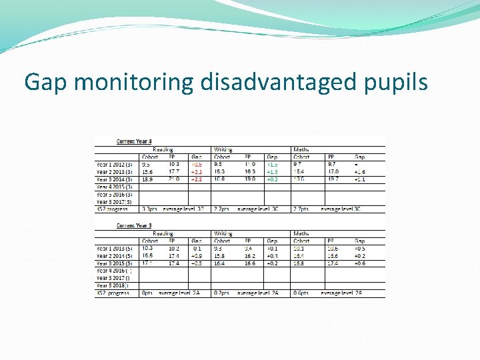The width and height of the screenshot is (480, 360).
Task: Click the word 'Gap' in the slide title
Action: point(46,82)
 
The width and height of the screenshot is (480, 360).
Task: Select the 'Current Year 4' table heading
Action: point(134,141)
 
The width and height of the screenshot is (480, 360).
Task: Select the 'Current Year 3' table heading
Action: point(134,225)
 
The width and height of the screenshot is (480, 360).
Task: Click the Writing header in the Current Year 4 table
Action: point(223,149)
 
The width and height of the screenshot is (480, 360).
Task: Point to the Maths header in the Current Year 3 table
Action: point(301,233)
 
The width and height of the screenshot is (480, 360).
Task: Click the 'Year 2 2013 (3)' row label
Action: point(115,171)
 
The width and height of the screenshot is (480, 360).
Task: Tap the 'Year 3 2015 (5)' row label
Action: point(115,263)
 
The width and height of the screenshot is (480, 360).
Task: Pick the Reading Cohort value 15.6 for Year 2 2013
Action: point(148,171)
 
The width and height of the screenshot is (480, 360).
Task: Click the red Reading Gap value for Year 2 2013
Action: point(197,171)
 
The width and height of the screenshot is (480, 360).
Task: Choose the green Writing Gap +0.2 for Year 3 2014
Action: point(272,179)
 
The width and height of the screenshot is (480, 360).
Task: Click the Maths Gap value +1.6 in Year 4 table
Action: point(360,171)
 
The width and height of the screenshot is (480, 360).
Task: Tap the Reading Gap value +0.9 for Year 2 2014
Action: point(197,256)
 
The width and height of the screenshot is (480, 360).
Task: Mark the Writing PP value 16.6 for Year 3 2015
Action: point(251,263)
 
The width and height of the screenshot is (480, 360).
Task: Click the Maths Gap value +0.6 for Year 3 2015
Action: point(360,263)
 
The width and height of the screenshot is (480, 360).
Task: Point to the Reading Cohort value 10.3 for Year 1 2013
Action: point(148,248)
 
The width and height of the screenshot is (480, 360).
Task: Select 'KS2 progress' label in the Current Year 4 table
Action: point(113,209)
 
